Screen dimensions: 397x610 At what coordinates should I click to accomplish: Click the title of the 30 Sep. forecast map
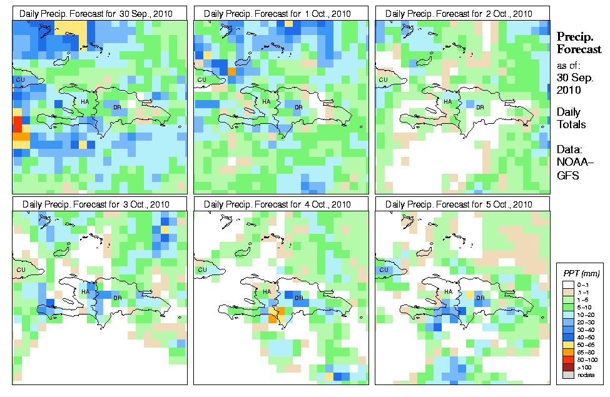click(x=100, y=14)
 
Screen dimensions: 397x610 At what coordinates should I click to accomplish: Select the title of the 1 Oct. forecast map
click(x=281, y=14)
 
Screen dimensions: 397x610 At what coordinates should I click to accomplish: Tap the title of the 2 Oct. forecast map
click(x=462, y=14)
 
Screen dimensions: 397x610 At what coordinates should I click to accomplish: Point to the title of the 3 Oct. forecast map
click(x=100, y=204)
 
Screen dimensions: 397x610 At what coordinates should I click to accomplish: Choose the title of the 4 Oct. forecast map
click(x=281, y=204)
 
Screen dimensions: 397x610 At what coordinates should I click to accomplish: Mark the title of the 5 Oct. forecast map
click(x=462, y=204)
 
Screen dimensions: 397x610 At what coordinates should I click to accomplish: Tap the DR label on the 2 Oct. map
click(x=480, y=107)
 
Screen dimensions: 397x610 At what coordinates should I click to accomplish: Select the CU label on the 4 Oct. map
click(x=201, y=270)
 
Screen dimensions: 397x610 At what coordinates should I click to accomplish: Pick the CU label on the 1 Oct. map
click(x=201, y=80)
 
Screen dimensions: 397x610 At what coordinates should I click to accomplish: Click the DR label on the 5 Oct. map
click(x=480, y=298)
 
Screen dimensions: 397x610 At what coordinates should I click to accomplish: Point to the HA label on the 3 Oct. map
click(x=84, y=292)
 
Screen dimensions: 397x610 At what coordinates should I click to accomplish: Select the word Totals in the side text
click(x=572, y=124)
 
